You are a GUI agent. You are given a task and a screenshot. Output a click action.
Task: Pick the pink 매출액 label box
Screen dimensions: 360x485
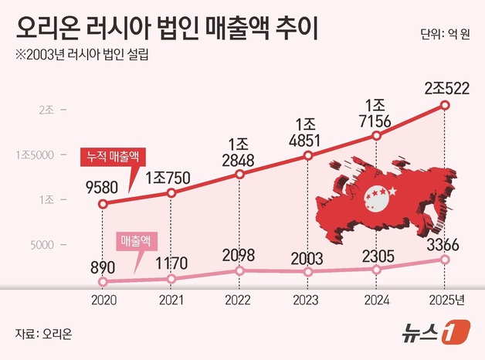click(x=137, y=240)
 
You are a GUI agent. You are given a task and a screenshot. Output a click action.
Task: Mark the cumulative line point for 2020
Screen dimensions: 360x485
click(x=103, y=204)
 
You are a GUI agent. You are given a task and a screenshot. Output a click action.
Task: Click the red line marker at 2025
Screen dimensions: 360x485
click(x=445, y=105)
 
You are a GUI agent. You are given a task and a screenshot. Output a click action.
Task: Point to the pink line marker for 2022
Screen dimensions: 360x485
click(x=239, y=270)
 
